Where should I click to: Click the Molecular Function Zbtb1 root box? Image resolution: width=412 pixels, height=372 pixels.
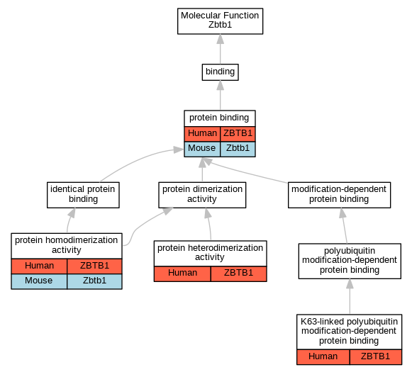[221, 21]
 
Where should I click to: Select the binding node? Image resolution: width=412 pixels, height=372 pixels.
[221, 72]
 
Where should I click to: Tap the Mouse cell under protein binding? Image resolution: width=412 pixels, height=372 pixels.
[202, 149]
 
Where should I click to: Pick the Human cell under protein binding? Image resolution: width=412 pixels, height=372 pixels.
[202, 134]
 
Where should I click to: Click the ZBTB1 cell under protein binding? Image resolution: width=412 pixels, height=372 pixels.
[238, 134]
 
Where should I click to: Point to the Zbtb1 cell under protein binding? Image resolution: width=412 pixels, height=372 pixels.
[238, 149]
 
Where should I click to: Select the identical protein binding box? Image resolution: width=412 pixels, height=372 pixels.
[83, 195]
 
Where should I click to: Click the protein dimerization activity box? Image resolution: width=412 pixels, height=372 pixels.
[202, 195]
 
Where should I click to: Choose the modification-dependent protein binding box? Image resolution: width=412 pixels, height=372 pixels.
[339, 195]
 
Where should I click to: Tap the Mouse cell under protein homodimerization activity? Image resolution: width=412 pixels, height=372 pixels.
[39, 281]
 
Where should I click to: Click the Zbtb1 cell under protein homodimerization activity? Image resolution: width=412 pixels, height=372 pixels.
[94, 281]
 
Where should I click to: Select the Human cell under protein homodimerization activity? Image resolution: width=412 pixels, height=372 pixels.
[39, 266]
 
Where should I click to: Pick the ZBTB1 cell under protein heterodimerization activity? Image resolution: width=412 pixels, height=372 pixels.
[238, 274]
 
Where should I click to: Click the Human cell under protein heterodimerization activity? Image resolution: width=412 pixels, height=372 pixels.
[182, 274]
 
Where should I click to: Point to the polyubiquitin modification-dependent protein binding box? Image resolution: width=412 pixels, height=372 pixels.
[350, 261]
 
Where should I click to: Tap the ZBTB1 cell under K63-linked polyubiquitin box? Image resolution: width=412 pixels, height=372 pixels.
[376, 357]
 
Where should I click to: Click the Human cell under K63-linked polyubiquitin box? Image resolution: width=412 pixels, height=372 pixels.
[323, 357]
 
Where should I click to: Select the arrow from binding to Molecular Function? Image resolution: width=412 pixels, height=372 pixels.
[221, 49]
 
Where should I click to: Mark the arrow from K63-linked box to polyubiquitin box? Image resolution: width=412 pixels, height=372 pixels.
[350, 296]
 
